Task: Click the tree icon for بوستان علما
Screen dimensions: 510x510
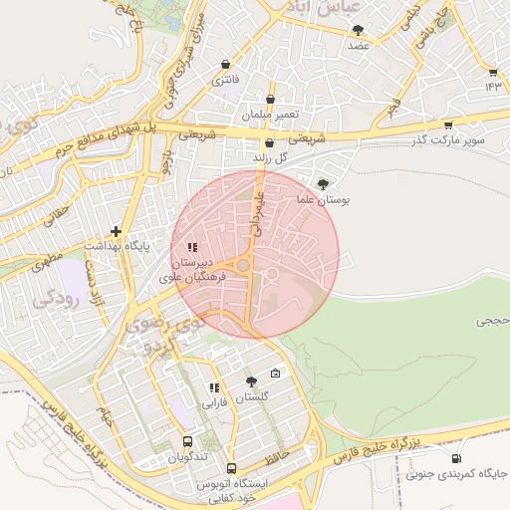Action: [x=323, y=183]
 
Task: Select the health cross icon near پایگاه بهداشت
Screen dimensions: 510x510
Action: [x=117, y=230]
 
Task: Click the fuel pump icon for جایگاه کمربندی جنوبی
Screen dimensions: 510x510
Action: [x=456, y=459]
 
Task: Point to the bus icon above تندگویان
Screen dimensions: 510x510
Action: [x=187, y=440]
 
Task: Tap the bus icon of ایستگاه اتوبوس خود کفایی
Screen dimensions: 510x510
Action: [x=232, y=468]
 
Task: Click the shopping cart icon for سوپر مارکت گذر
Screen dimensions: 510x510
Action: [x=448, y=126]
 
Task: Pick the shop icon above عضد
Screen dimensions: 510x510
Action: [x=359, y=30]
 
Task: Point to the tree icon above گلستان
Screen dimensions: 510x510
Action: [x=250, y=381]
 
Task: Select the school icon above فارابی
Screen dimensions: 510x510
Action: [x=214, y=387]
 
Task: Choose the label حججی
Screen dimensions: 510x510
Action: [x=492, y=321]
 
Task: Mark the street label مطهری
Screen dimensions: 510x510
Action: [x=47, y=266]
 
